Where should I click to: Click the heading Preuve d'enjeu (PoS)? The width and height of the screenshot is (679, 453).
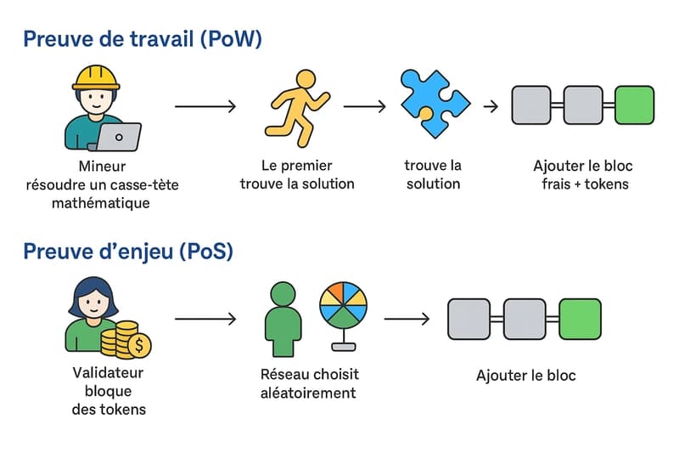pos(128,252)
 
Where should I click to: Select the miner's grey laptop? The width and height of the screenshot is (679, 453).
pos(119,136)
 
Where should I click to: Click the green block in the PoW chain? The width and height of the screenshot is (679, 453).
pos(634,105)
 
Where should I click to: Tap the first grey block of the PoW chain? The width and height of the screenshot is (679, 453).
pos(531,105)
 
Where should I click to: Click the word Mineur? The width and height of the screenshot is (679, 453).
pos(102,167)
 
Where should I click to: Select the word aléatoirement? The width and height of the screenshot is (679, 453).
pos(309,393)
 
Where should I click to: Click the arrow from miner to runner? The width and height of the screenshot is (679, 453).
pos(205,106)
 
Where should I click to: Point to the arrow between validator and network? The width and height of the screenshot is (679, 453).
pos(205,320)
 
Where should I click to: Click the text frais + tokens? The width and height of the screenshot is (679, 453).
pos(585,184)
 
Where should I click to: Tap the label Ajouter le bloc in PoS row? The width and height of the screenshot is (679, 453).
pos(526,375)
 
